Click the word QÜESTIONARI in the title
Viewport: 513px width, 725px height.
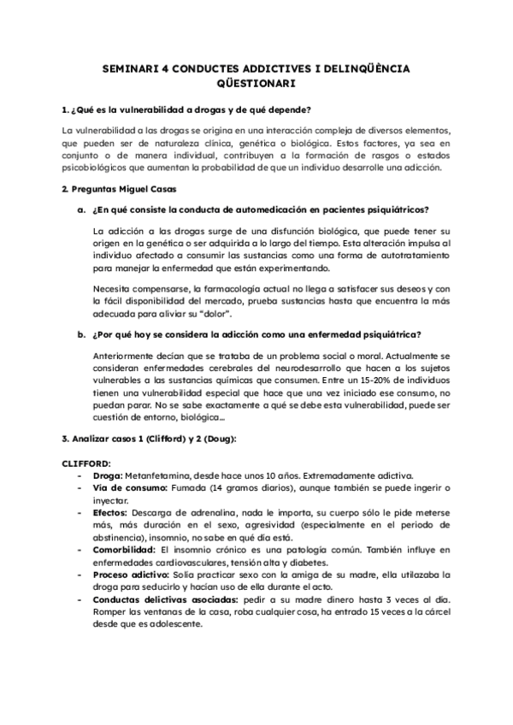coord(256,84)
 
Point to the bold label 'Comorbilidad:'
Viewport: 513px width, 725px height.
coord(124,553)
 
